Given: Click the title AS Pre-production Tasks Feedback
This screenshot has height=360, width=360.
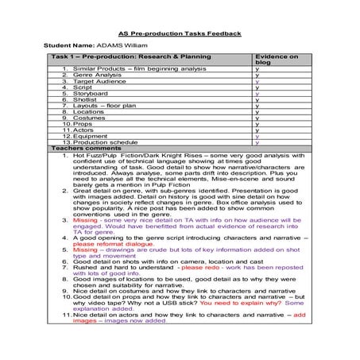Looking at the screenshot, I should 179,34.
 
